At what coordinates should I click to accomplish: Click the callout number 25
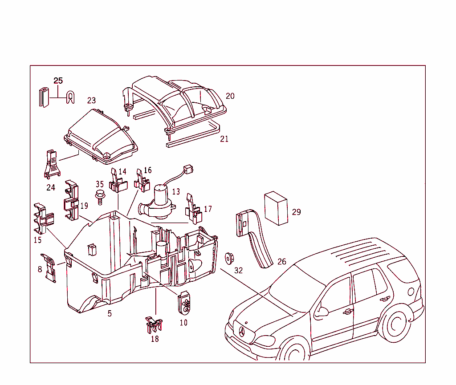[58, 81]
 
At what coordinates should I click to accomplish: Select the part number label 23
[91, 101]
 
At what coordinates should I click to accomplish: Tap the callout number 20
[230, 96]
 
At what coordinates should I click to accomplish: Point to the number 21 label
[224, 139]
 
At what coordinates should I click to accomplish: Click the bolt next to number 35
[98, 195]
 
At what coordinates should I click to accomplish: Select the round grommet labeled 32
[230, 258]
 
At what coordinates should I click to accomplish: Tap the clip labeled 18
[153, 325]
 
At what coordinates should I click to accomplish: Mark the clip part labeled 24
[51, 164]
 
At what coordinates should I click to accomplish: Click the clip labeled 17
[193, 208]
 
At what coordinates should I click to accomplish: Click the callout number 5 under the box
[110, 313]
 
